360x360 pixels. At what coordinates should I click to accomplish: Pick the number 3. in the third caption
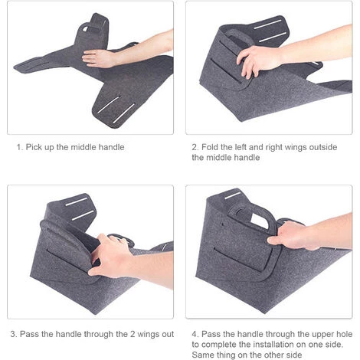pos(14,334)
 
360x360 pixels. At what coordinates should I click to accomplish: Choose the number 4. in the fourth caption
pos(195,334)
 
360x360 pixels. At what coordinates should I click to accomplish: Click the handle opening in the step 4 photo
pos(260,221)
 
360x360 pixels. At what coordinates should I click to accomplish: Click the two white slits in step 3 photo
pos(80,208)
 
